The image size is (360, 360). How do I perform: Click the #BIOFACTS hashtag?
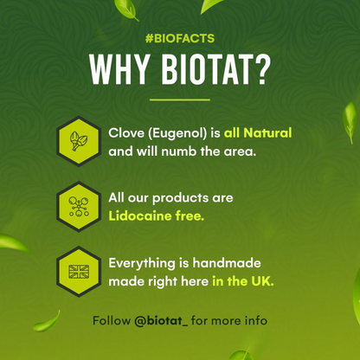click(x=180, y=39)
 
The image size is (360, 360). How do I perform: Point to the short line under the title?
click(x=180, y=100)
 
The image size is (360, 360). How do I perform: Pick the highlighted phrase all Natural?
click(x=258, y=132)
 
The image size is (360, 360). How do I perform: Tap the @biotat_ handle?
click(x=162, y=320)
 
